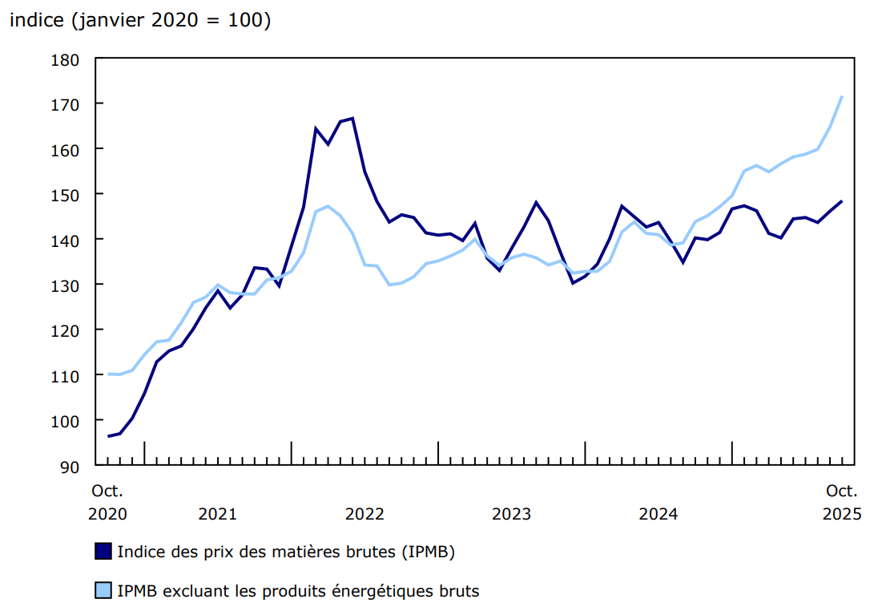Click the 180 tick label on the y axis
tap(66, 59)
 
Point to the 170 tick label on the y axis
tap(66, 104)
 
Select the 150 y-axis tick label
tap(66, 195)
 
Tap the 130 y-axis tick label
tap(66, 285)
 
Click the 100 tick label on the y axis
tap(66, 421)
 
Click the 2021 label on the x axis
tap(217, 514)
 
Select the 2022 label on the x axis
tap(364, 514)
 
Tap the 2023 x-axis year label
tap(511, 514)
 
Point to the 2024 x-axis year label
tap(658, 514)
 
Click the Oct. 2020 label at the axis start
tap(107, 502)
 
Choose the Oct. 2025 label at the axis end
tap(842, 502)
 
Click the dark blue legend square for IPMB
tap(103, 552)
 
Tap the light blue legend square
tap(103, 592)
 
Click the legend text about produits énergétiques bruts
tap(298, 592)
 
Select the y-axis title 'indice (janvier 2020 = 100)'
tap(140, 22)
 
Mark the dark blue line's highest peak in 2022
tap(352, 119)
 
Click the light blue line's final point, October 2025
tap(842, 96)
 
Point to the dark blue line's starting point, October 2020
tap(108, 436)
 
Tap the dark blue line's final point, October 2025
tap(842, 201)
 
